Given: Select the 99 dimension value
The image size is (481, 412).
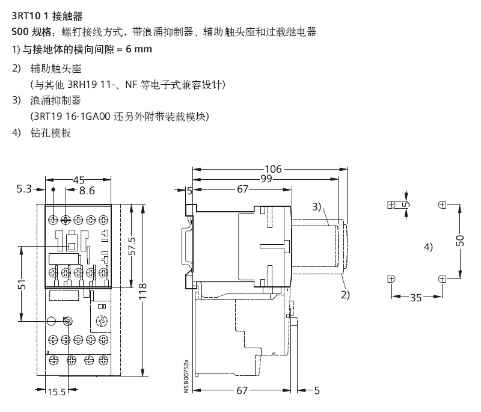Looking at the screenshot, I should [267, 179].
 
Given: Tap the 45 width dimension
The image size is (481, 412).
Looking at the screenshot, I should [78, 179].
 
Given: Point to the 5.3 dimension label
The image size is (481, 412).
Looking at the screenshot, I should [23, 190].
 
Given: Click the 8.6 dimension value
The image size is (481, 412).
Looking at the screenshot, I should [87, 191].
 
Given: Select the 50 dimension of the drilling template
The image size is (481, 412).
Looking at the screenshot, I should [460, 241].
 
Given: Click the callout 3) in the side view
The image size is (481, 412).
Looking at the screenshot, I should [317, 207].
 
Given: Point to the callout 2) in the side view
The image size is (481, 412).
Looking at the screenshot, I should [345, 295].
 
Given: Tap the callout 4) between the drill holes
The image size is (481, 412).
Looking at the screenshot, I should [427, 247].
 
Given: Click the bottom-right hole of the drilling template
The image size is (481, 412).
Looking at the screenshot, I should [443, 278].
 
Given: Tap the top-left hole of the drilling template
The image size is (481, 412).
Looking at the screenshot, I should [391, 204].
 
